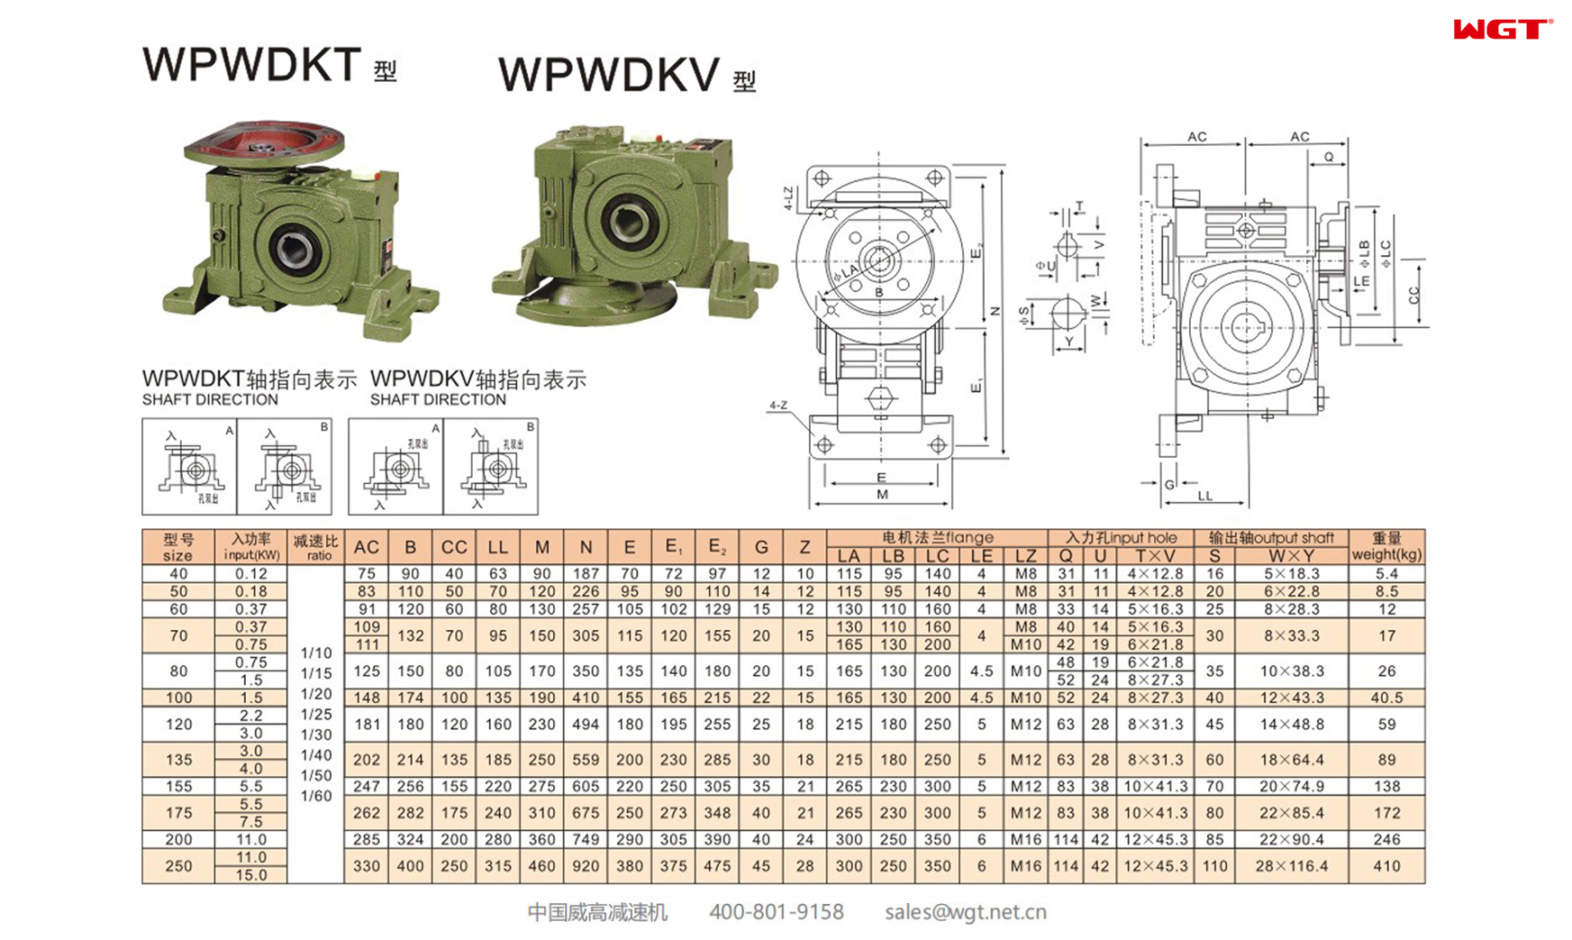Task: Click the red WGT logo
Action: click(1502, 30)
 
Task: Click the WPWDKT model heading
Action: click(253, 65)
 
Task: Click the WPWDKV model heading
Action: click(609, 75)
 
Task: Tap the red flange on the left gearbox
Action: click(264, 144)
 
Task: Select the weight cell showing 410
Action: click(1386, 866)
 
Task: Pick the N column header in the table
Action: click(586, 547)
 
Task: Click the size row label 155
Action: click(178, 786)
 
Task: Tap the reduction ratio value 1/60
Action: click(315, 796)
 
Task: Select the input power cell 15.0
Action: click(251, 875)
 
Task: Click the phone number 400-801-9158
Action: click(777, 912)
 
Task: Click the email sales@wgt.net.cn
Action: click(965, 912)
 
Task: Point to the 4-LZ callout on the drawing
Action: click(788, 198)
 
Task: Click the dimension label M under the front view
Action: click(881, 494)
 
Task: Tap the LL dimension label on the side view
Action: click(1204, 496)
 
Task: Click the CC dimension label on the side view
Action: click(1413, 295)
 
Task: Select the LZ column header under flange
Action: click(1025, 556)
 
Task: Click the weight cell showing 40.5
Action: click(1386, 698)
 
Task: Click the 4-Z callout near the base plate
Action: click(778, 406)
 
